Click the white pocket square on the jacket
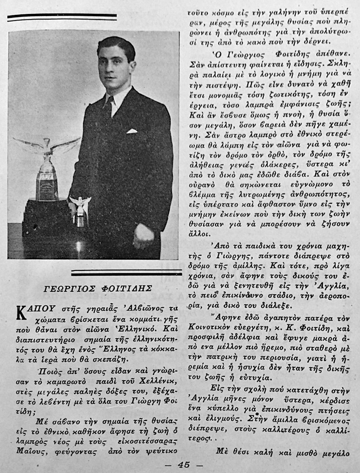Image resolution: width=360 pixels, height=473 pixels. [131, 131]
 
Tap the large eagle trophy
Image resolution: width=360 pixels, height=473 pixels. [47, 167]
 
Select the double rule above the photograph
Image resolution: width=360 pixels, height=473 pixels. [62, 17]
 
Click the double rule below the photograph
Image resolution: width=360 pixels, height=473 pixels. [126, 272]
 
